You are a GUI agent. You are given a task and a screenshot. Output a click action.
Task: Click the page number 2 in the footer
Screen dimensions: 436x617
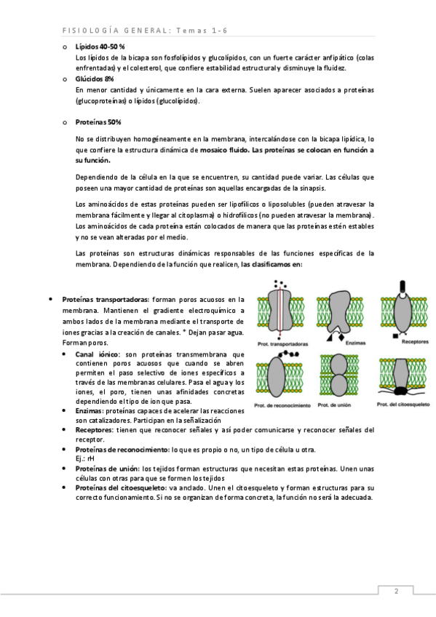396,591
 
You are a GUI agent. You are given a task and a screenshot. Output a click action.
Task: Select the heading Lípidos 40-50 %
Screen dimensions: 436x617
100,47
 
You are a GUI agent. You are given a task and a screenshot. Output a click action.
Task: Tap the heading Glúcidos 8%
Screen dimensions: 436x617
95,79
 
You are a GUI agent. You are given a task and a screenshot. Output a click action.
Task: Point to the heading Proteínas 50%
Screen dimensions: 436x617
98,122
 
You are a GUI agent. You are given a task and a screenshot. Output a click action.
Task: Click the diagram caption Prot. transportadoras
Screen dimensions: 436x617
282,344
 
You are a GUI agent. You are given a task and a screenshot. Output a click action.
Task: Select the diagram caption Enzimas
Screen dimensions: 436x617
355,343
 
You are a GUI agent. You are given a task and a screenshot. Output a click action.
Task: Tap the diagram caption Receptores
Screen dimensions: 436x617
415,342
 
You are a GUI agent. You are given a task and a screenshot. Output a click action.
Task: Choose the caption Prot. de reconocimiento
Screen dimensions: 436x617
282,405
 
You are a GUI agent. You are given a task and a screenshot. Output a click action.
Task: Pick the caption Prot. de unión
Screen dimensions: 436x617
334,405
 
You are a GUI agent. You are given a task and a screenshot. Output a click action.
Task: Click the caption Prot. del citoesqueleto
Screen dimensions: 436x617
403,404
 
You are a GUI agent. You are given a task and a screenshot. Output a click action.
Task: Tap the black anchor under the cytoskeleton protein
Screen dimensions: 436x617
401,390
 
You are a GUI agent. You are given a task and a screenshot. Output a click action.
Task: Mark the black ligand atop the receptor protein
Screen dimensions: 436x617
403,287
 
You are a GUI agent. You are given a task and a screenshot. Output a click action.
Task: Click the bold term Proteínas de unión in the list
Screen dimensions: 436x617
107,469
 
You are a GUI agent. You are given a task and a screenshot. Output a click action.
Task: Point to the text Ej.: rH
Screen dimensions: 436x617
84,459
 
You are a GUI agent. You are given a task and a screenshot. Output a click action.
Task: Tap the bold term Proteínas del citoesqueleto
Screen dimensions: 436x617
121,488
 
